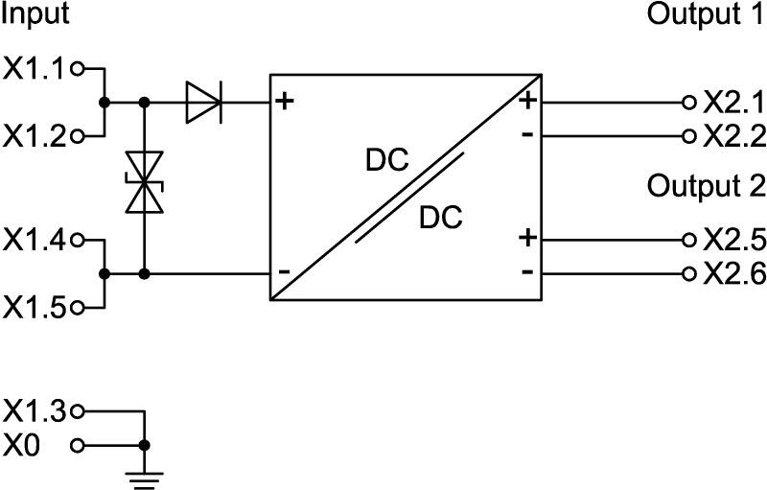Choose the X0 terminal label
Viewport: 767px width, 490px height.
25,446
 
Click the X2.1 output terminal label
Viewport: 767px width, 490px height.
733,103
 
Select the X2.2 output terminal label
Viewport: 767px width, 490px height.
733,135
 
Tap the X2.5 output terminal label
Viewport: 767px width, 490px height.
733,240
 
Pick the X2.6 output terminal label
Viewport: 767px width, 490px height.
733,274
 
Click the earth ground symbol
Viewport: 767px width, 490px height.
144,476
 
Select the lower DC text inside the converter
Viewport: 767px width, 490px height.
441,219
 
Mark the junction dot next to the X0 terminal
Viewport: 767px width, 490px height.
144,446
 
